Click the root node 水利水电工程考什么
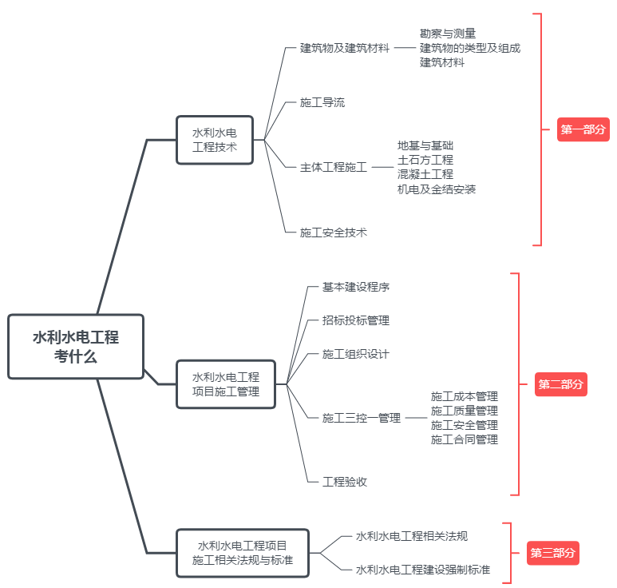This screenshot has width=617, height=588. [x=76, y=347]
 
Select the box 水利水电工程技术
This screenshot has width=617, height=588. [x=215, y=140]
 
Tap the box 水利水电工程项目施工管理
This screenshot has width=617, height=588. [x=226, y=384]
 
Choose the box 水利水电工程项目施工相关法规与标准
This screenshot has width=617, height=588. [x=243, y=553]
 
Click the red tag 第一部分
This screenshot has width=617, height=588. [x=583, y=129]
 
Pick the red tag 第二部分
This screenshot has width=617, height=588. [x=560, y=384]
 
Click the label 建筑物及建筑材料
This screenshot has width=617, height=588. [x=345, y=48]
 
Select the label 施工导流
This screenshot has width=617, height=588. [x=322, y=102]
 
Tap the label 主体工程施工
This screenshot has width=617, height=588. [x=334, y=167]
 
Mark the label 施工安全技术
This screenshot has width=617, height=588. [x=334, y=232]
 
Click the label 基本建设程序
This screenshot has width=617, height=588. [x=356, y=287]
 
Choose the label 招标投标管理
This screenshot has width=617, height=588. [x=356, y=320]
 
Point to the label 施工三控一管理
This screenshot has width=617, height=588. [x=362, y=418]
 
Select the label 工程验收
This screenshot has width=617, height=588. [x=345, y=482]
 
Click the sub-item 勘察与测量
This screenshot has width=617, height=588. [x=448, y=34]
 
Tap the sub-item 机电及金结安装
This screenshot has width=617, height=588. [x=437, y=189]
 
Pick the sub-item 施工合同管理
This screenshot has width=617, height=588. [x=465, y=439]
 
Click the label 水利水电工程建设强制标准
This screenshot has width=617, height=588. [x=423, y=570]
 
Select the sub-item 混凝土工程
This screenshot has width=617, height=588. [x=425, y=174]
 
